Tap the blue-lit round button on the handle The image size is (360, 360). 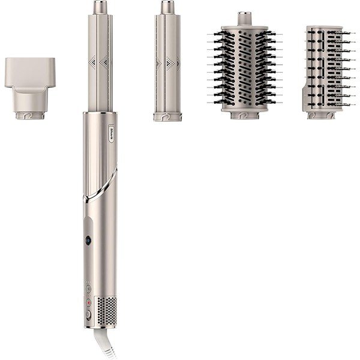point(88,240)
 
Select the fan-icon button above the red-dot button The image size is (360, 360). point(88,289)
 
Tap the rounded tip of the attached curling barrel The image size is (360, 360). point(100,8)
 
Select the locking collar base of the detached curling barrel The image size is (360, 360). point(167,116)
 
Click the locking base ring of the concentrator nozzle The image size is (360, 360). point(28,113)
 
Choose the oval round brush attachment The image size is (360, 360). point(244,66)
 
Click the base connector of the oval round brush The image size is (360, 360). point(244,113)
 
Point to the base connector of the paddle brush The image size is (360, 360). point(321,114)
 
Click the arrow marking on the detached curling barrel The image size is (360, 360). point(168,62)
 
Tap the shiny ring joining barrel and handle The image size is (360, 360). point(99,113)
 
